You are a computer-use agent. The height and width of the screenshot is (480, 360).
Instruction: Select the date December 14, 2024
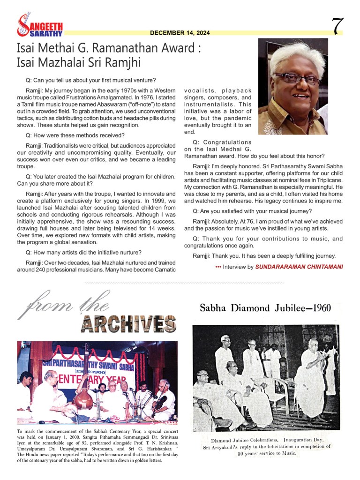(x=180, y=33)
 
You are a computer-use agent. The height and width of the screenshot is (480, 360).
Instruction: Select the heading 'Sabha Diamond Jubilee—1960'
(x=265, y=308)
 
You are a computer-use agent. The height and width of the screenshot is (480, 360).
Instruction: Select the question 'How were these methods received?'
(x=75, y=135)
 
